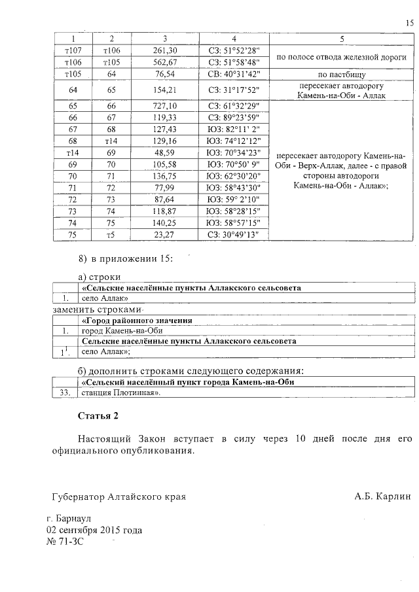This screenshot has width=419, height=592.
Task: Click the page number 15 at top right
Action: [410, 24]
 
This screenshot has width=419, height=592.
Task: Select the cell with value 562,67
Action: [165, 62]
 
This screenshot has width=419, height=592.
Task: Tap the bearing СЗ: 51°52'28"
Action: [234, 50]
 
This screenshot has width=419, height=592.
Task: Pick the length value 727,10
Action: [165, 105]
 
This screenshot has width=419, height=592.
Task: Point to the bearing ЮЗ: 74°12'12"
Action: [234, 141]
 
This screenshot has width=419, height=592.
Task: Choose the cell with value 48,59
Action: [165, 152]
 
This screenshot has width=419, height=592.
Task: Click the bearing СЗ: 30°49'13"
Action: [234, 234]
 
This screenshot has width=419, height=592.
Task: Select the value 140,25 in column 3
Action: [165, 222]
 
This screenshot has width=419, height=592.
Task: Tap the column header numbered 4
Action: [234, 39]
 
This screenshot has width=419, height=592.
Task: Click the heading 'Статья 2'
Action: [99, 416]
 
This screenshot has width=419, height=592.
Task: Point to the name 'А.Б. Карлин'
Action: [383, 496]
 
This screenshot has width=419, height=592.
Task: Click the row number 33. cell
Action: [64, 393]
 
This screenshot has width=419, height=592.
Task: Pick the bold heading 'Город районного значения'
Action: [136, 321]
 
